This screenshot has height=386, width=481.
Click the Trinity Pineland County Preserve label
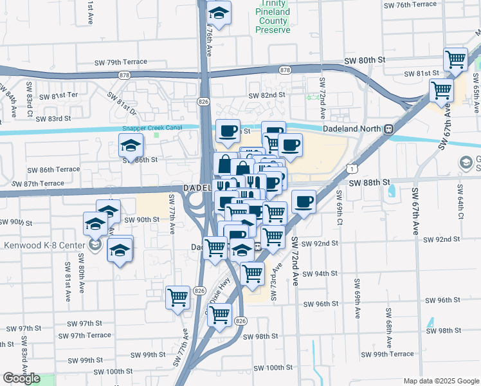(273, 21)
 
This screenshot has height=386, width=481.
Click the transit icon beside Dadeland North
(389, 129)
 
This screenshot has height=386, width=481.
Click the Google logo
(21, 378)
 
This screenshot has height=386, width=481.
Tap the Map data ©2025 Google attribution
(440, 381)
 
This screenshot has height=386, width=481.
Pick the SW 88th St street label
(370, 183)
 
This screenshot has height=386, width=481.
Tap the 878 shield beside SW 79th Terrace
(123, 74)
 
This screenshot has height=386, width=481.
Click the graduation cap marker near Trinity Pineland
(219, 13)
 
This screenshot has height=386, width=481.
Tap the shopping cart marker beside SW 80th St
(455, 60)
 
